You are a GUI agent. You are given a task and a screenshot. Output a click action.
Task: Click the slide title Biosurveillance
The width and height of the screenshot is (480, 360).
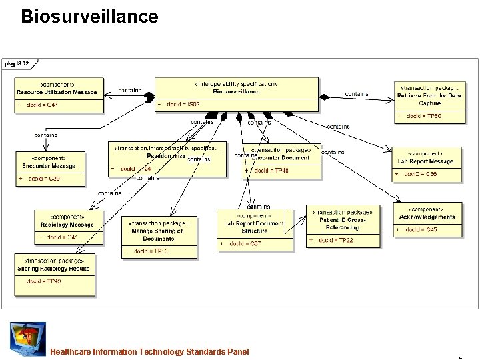coord(89,17)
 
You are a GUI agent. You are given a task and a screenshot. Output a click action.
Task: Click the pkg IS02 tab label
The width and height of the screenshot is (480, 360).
coord(17,64)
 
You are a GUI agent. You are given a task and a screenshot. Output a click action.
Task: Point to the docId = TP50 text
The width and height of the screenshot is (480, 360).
coord(424,117)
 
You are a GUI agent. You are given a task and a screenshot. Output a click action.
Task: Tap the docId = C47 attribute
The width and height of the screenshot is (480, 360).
coord(42,105)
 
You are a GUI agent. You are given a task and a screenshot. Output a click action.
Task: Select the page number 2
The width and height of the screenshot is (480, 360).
coord(460,356)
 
